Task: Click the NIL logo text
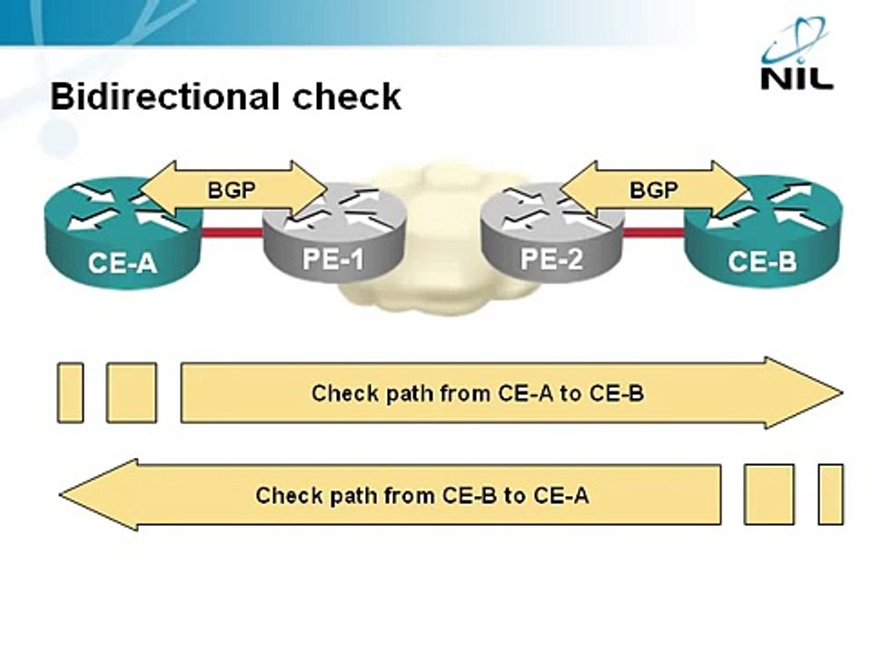click(796, 77)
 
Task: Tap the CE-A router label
click(123, 263)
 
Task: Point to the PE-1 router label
click(332, 261)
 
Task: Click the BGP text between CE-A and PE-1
click(233, 191)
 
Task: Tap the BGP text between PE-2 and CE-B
click(652, 191)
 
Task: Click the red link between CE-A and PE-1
click(233, 233)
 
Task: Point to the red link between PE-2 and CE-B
click(654, 233)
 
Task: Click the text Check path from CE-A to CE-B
click(478, 393)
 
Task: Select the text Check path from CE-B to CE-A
click(421, 495)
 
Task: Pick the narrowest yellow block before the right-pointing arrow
click(70, 392)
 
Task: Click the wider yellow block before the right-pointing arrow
click(132, 392)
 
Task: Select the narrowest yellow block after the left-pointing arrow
click(830, 494)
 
